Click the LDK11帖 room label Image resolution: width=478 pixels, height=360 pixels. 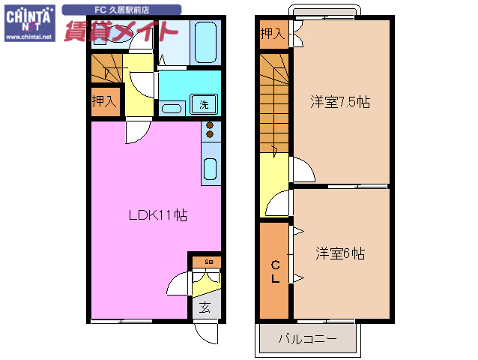click(157, 215)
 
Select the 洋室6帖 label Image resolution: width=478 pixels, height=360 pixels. click(340, 253)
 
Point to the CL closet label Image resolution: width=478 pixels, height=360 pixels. click(276, 271)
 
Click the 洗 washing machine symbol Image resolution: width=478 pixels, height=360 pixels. click(204, 104)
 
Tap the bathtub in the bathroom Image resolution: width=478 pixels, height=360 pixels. click(205, 43)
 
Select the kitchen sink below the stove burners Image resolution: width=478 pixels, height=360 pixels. click(211, 170)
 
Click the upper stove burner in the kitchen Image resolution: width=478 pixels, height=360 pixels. click(211, 125)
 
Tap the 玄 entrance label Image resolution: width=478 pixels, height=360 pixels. click(205, 306)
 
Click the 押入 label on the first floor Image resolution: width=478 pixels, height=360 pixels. click(104, 100)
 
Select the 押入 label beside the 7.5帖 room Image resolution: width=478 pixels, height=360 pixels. click(273, 34)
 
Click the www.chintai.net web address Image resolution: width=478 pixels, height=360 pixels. click(29, 37)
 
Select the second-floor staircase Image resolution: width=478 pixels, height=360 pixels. click(273, 105)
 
